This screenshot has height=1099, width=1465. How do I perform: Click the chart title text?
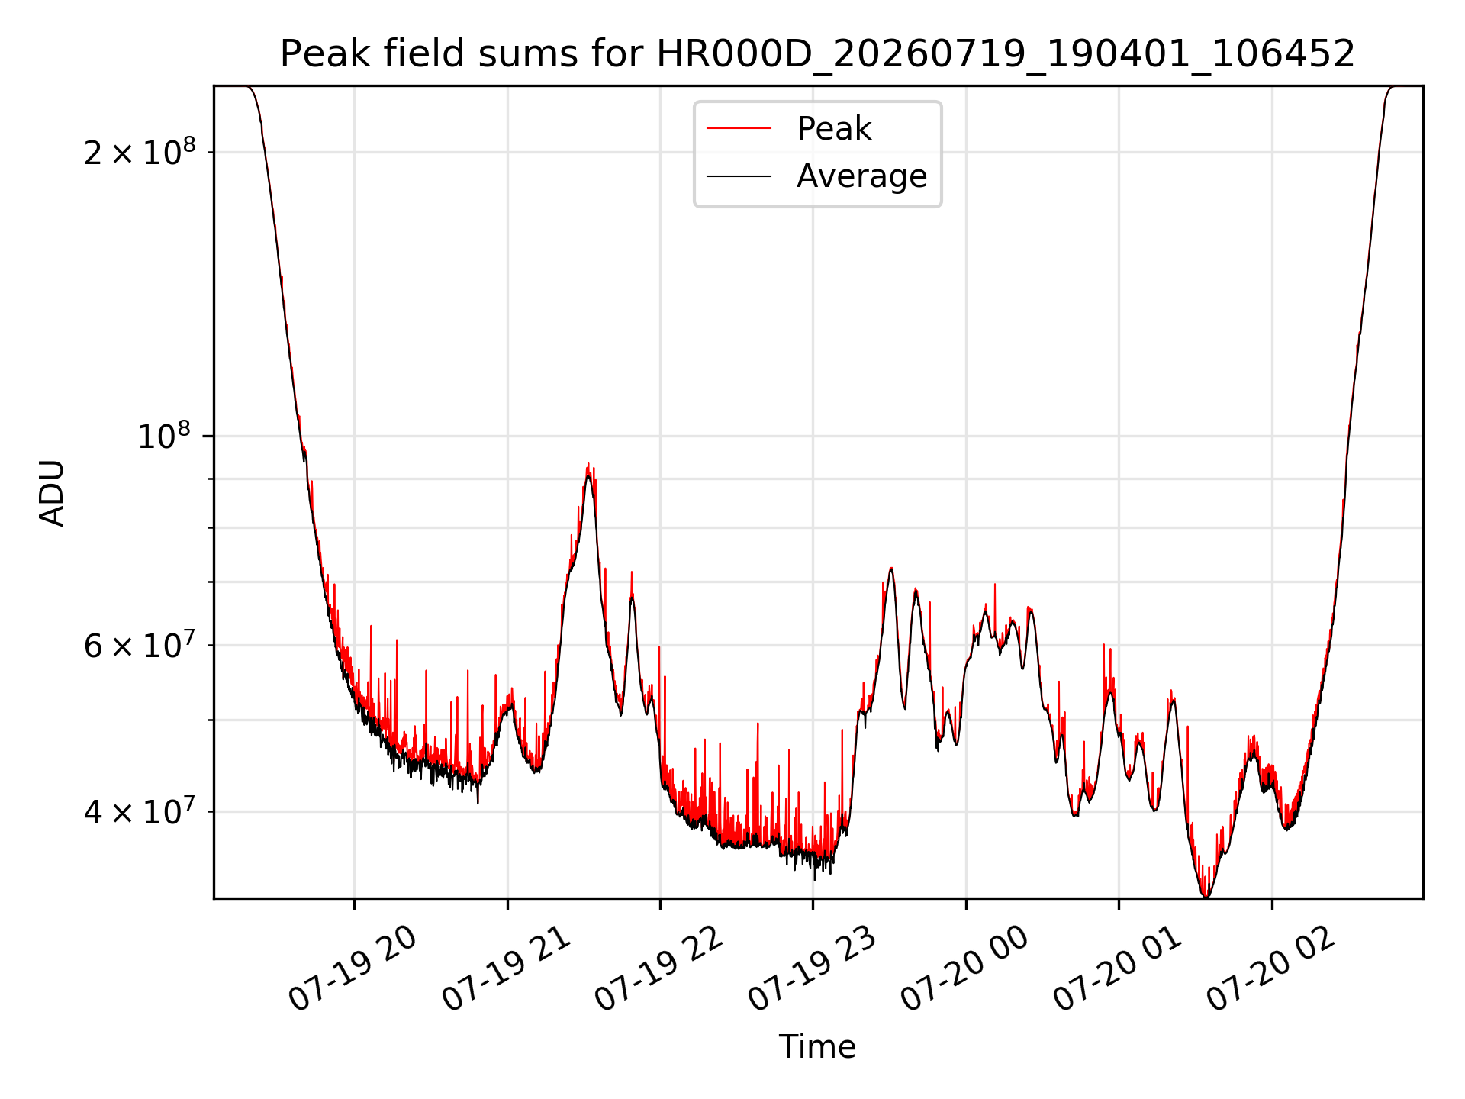(x=817, y=54)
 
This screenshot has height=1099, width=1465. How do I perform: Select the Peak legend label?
(x=834, y=129)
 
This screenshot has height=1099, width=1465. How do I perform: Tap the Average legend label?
(x=861, y=176)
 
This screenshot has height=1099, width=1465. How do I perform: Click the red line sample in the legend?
(x=739, y=129)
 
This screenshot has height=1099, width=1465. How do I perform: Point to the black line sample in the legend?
(x=739, y=176)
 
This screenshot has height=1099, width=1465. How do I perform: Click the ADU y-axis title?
(x=52, y=493)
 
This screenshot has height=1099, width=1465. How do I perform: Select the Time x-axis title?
(x=817, y=1046)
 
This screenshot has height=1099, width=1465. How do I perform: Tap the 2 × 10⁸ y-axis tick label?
(x=140, y=152)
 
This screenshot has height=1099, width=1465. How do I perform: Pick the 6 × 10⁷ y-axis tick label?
(x=140, y=645)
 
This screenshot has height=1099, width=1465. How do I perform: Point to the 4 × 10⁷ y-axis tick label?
(x=140, y=811)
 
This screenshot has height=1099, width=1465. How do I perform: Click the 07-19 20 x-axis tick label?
(x=353, y=969)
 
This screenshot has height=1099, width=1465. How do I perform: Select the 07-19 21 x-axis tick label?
(x=507, y=969)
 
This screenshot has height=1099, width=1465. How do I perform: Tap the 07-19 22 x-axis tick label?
(x=659, y=969)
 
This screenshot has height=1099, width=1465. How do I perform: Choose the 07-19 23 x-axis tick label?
(x=812, y=969)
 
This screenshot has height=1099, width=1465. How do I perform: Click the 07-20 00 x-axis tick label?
(x=965, y=969)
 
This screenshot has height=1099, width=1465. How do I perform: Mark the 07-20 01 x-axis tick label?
(x=1118, y=969)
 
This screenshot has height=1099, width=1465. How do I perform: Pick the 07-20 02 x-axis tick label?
(x=1271, y=969)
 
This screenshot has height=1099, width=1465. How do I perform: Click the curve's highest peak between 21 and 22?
(x=588, y=463)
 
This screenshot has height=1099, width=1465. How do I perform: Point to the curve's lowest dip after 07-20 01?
(x=1206, y=896)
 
